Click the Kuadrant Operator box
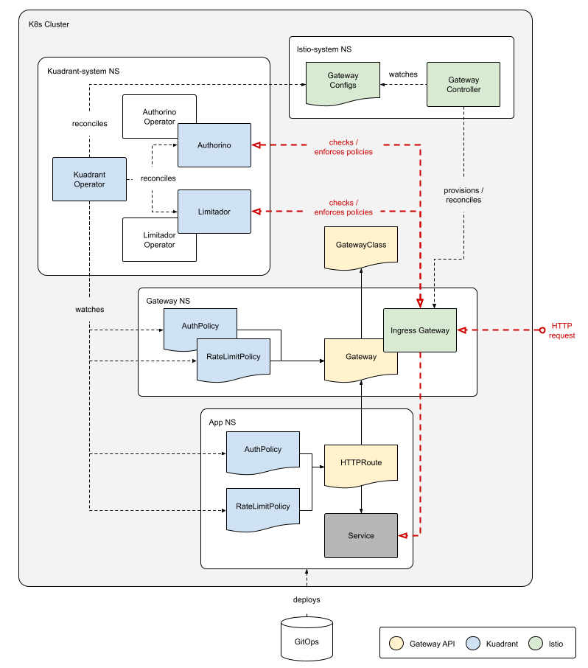pos(89,179)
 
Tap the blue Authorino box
pos(214,145)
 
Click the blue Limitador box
pos(214,212)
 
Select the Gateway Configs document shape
pos(343,80)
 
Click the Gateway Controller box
pos(463,85)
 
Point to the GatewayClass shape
pos(360,245)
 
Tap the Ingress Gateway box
pos(419,330)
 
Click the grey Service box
pos(361,535)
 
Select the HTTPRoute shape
pos(361,463)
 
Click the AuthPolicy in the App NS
pos(263,450)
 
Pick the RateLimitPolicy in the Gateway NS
pos(233,357)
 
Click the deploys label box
pos(307,599)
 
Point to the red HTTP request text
pos(562,330)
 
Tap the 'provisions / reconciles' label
pos(463,195)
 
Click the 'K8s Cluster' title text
pos(49,24)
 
